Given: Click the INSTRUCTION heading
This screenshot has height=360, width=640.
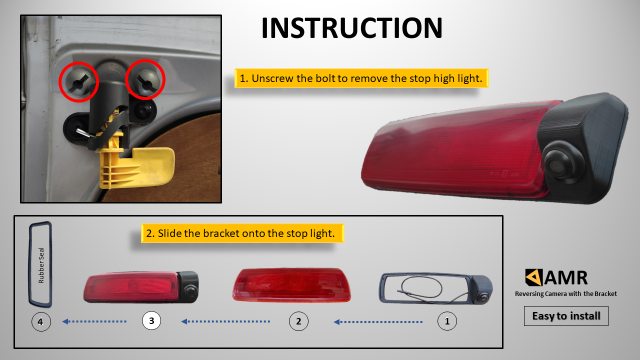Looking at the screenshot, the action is [x=351, y=27].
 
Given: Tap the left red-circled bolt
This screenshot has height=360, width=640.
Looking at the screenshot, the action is [x=79, y=81].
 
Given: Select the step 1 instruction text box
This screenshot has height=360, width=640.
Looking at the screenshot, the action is [x=361, y=78].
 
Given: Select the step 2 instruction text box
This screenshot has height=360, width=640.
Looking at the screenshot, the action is [x=242, y=233].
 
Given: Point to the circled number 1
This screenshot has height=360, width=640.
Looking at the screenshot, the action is [x=447, y=321].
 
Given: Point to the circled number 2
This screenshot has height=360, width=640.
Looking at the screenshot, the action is [x=298, y=321].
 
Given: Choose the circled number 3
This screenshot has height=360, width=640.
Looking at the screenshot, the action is [x=151, y=320].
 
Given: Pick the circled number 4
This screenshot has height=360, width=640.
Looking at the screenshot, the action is [x=41, y=321].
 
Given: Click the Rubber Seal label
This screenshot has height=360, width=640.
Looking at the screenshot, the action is [x=41, y=265].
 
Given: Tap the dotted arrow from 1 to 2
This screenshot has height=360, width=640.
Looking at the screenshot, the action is [x=378, y=322].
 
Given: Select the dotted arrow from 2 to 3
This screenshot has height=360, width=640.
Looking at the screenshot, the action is [x=225, y=321].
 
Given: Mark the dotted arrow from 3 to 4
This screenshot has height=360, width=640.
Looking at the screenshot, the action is [x=94, y=321].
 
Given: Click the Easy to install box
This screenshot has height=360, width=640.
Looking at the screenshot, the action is [x=566, y=316].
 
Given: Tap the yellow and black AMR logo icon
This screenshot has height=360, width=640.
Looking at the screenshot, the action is [x=533, y=277].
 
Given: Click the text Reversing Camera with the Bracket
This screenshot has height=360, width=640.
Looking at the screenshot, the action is [x=565, y=293].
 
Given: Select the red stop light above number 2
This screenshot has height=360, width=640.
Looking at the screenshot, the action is [x=291, y=285].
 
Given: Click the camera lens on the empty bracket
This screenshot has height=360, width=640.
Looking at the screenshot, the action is [x=483, y=298].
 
